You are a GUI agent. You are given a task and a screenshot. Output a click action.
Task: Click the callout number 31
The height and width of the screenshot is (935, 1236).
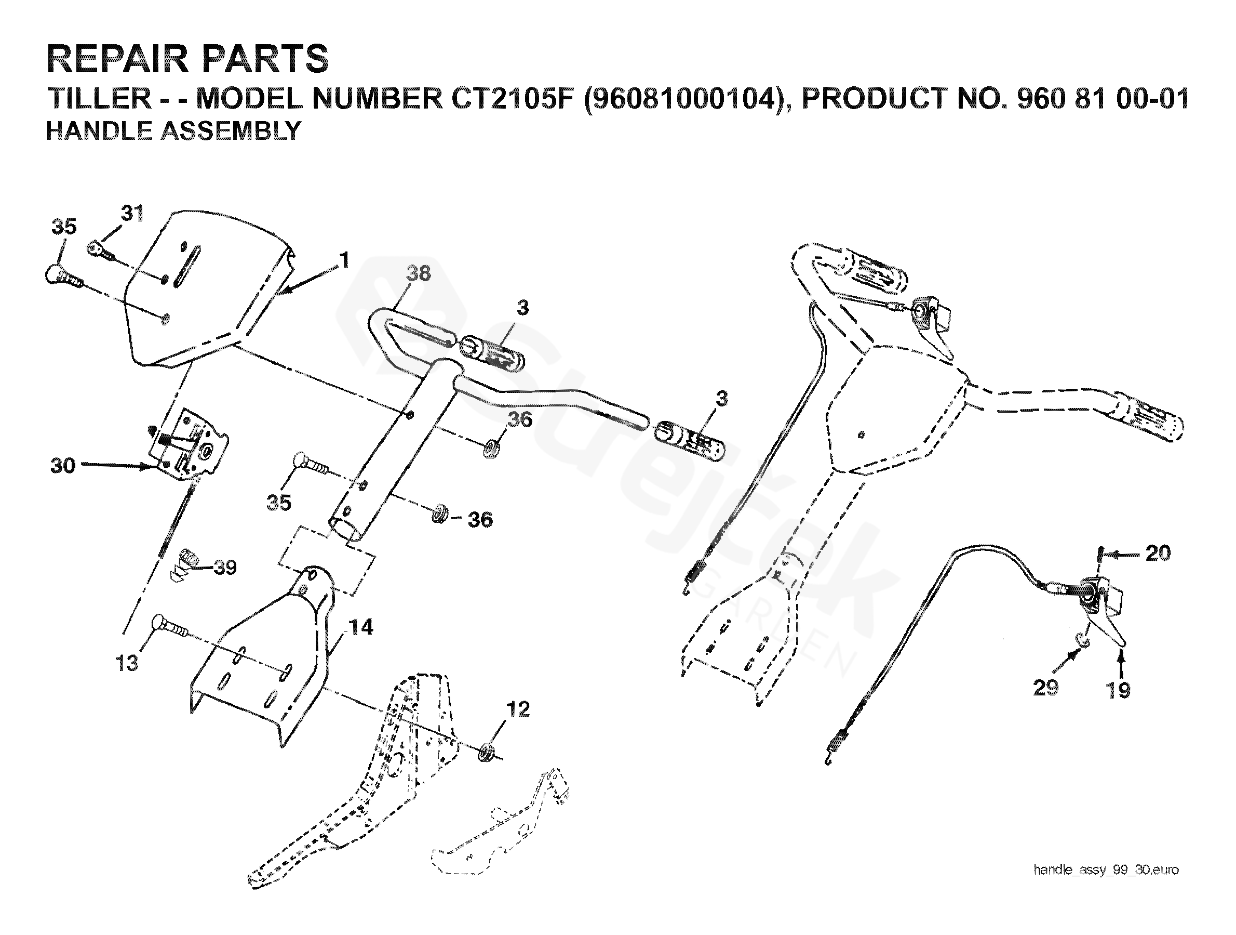pyautogui.click(x=132, y=214)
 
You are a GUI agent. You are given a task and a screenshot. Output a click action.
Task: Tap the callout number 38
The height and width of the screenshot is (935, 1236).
pyautogui.click(x=419, y=273)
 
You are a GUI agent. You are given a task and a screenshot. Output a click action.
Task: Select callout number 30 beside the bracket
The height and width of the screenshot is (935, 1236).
pyautogui.click(x=63, y=465)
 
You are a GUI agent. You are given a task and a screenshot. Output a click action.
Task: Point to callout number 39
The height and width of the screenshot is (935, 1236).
pyautogui.click(x=225, y=568)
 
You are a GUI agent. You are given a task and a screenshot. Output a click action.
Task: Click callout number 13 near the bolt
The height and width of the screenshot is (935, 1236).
pyautogui.click(x=127, y=664)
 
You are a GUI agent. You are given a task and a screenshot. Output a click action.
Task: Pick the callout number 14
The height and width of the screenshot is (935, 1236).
pyautogui.click(x=361, y=627)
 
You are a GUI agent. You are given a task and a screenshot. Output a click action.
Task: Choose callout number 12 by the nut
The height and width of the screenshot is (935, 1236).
pyautogui.click(x=517, y=709)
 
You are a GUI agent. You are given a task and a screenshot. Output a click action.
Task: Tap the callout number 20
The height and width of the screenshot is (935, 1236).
pyautogui.click(x=1158, y=554)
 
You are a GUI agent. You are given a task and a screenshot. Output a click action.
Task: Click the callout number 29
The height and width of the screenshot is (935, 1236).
pyautogui.click(x=1045, y=688)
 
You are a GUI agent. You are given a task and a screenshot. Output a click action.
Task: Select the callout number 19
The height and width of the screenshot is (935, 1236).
pyautogui.click(x=1119, y=691)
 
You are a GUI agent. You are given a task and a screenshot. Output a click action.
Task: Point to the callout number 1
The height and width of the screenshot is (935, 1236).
pyautogui.click(x=345, y=260)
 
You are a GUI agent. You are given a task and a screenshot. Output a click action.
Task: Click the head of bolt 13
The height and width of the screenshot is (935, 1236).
pyautogui.click(x=157, y=623)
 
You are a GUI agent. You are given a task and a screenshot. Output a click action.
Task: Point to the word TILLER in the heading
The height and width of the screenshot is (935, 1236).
pyautogui.click(x=99, y=98)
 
